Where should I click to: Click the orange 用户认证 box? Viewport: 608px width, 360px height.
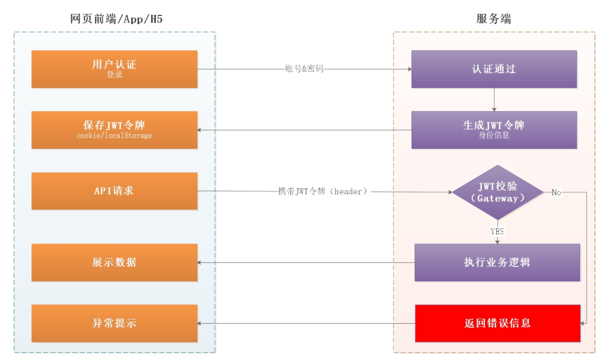tap(114, 69)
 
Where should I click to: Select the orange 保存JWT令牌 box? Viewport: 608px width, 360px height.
tap(114, 129)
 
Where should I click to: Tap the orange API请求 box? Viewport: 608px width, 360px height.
tap(114, 191)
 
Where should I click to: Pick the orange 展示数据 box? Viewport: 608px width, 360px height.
tap(114, 262)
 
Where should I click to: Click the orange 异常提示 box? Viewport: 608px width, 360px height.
tap(114, 323)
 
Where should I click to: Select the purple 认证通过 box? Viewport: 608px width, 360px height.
tap(494, 69)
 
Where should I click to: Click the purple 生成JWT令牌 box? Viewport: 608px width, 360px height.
tap(494, 129)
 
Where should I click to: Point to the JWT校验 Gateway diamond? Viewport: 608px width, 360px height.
tap(498, 192)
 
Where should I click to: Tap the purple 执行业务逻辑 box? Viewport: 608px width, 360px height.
tap(497, 262)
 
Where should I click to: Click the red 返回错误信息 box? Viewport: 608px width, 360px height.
tap(498, 323)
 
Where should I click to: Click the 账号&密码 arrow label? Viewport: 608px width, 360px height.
tap(304, 69)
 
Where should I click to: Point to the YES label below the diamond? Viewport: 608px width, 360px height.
tap(497, 232)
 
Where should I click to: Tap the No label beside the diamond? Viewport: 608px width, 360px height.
tap(556, 192)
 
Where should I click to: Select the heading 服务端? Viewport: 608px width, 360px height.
tap(494, 19)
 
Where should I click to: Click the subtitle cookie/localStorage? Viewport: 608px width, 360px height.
tap(114, 135)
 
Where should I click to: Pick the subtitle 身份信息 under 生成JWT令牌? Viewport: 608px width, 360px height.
tap(494, 135)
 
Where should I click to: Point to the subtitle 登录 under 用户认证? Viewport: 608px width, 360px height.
tap(114, 75)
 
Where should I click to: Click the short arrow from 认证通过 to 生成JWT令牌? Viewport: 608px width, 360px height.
tap(494, 100)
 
